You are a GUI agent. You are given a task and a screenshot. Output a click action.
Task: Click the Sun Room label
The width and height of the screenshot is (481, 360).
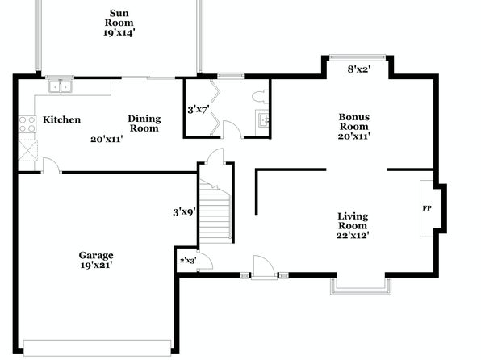click(119, 18)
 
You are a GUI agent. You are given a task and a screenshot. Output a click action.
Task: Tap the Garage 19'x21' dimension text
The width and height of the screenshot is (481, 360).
click(96, 266)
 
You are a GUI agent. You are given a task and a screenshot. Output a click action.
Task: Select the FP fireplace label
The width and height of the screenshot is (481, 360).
click(427, 208)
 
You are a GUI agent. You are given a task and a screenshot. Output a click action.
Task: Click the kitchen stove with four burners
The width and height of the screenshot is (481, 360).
click(27, 124)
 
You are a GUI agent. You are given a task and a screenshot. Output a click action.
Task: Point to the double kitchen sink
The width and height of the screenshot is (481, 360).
click(60, 86)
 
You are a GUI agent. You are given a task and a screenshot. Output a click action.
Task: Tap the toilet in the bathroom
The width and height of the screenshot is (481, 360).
click(261, 96)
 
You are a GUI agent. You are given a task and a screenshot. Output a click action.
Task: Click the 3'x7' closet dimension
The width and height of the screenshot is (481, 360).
click(199, 109)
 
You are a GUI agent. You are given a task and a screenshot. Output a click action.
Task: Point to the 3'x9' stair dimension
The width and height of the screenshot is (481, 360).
click(184, 211)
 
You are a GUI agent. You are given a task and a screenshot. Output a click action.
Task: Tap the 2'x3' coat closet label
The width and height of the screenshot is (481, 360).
click(188, 261)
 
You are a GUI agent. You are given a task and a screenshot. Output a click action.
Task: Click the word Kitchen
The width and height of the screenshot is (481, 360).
click(61, 119)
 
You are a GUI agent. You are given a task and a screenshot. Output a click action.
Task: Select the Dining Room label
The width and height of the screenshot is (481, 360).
click(144, 123)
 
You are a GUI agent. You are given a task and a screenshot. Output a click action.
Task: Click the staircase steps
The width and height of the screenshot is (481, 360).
click(215, 211)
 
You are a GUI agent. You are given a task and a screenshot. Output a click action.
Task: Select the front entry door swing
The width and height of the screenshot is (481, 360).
click(264, 267)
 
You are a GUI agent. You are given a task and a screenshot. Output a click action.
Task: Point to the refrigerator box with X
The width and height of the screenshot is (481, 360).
click(28, 150)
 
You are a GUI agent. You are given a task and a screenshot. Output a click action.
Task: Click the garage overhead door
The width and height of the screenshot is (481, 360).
click(97, 348)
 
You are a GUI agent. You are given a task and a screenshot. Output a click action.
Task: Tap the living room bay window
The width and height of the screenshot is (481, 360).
click(361, 288)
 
